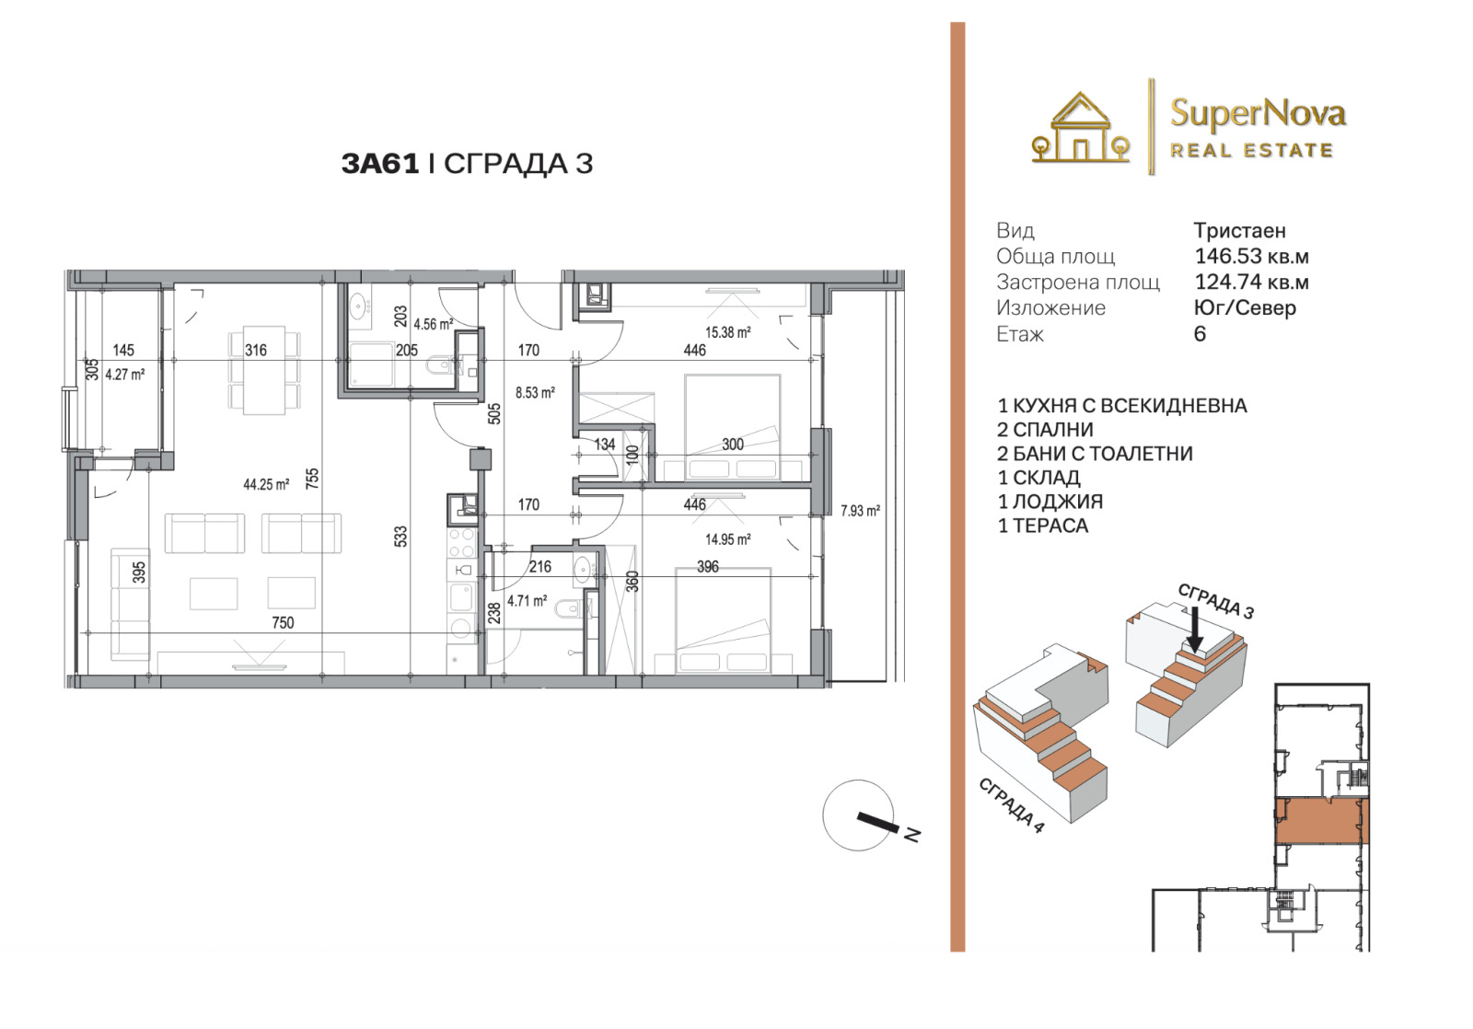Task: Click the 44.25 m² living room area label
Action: tap(266, 484)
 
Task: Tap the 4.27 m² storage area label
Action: tap(125, 374)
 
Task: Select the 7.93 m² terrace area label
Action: tap(860, 510)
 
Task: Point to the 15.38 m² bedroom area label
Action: tap(728, 332)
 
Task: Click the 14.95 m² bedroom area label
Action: tap(728, 540)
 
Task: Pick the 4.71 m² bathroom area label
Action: tap(527, 601)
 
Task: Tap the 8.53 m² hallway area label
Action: tap(535, 392)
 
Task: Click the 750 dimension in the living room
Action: tap(283, 623)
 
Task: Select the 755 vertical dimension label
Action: tap(312, 478)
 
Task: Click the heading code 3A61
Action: tap(380, 164)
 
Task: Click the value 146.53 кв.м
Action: tap(1251, 256)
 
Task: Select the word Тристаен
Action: tap(1239, 231)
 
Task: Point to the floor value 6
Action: tap(1200, 334)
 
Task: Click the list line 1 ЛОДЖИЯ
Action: tap(1050, 502)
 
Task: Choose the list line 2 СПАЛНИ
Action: tap(1045, 429)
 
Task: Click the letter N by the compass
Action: tap(912, 835)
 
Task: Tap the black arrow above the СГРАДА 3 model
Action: tap(1196, 630)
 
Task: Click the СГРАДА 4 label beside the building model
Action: tap(1011, 805)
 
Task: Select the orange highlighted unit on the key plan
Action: tap(1322, 821)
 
